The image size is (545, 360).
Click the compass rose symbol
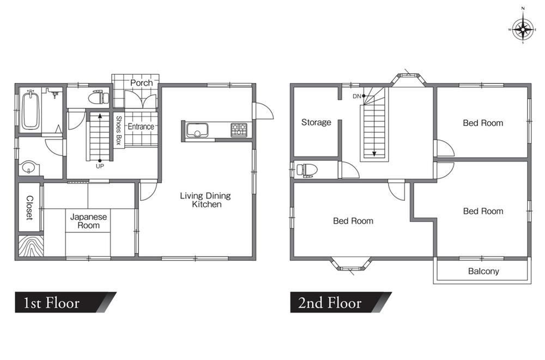(x=523, y=29)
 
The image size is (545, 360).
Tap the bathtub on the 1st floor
(x=31, y=110)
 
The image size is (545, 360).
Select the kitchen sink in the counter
(x=197, y=130)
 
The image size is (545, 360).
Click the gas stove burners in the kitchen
(x=239, y=130)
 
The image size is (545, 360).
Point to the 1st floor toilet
(x=99, y=98)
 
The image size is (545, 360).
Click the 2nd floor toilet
(x=307, y=170)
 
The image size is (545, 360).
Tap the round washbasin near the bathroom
(x=28, y=167)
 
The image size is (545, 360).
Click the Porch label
(x=142, y=83)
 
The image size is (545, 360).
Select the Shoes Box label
(x=118, y=130)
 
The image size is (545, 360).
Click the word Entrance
(x=141, y=126)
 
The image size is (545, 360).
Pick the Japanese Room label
(x=89, y=221)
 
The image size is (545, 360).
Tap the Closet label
(x=29, y=208)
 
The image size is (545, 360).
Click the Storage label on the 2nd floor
(x=316, y=122)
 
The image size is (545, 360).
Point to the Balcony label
(x=483, y=271)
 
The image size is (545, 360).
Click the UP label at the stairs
(x=100, y=166)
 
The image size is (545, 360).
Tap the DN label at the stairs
(x=356, y=97)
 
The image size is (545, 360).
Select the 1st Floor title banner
(x=66, y=302)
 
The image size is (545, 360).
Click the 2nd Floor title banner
(x=341, y=302)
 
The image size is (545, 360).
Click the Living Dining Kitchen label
(x=205, y=200)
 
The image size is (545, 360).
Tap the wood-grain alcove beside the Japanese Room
(x=31, y=246)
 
